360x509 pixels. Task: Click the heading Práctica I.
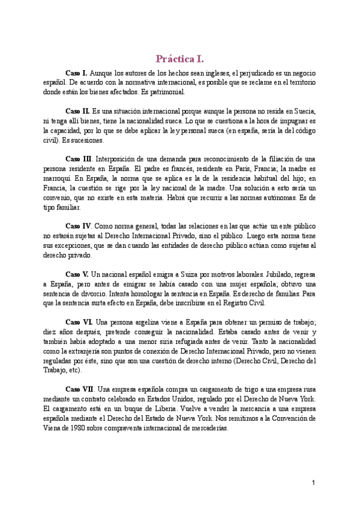click(x=180, y=59)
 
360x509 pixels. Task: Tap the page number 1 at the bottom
click(x=313, y=483)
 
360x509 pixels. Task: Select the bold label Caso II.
click(x=77, y=112)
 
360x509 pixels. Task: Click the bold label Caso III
click(x=79, y=159)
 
